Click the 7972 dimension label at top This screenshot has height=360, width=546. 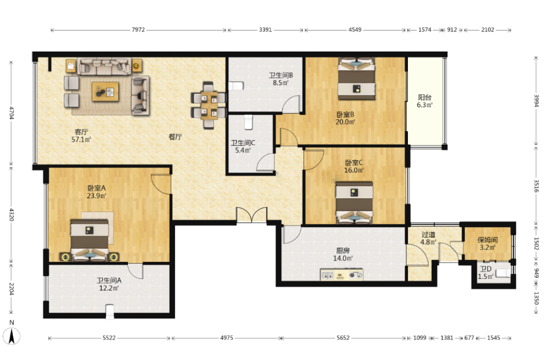(x=138, y=30)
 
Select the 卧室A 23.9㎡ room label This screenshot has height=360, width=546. (x=96, y=192)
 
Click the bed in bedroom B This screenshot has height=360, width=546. (x=357, y=79)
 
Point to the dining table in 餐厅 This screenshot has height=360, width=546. (x=209, y=105)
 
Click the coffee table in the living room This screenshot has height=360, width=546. (x=105, y=92)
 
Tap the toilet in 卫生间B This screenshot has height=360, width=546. (x=236, y=86)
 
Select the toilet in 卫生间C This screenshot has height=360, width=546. (x=248, y=122)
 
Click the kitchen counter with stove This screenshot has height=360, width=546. (x=342, y=275)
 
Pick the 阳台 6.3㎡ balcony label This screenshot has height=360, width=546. (x=424, y=101)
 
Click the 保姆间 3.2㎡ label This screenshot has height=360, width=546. (x=487, y=244)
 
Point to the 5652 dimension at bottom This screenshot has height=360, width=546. (x=343, y=338)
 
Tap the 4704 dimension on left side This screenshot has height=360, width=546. (x=12, y=113)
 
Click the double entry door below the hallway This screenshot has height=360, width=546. (x=252, y=215)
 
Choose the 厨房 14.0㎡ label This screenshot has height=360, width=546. (x=343, y=255)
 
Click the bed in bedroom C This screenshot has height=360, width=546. (x=354, y=202)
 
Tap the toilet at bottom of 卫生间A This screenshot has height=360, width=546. (x=110, y=312)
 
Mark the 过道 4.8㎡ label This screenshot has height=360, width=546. (x=428, y=238)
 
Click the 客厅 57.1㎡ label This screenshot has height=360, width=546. (x=81, y=136)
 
